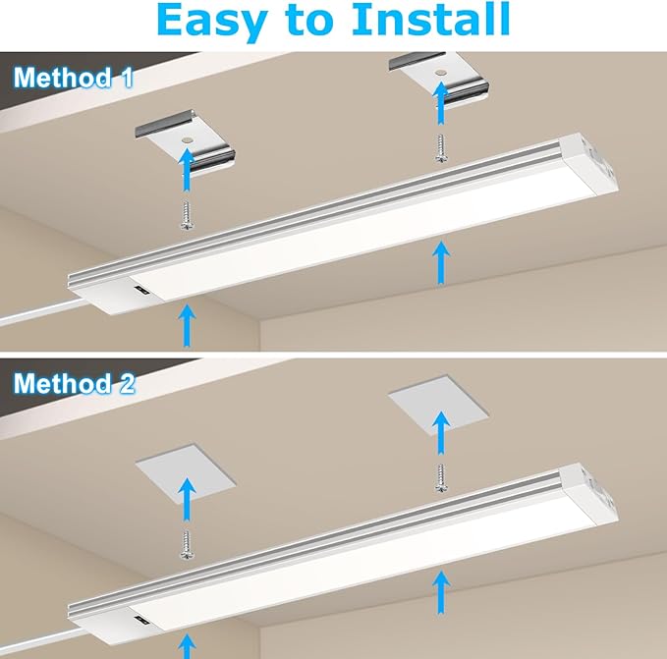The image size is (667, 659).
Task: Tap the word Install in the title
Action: [428, 22]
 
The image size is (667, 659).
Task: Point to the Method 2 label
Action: [75, 383]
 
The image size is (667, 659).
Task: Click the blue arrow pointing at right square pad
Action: [440, 432]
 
